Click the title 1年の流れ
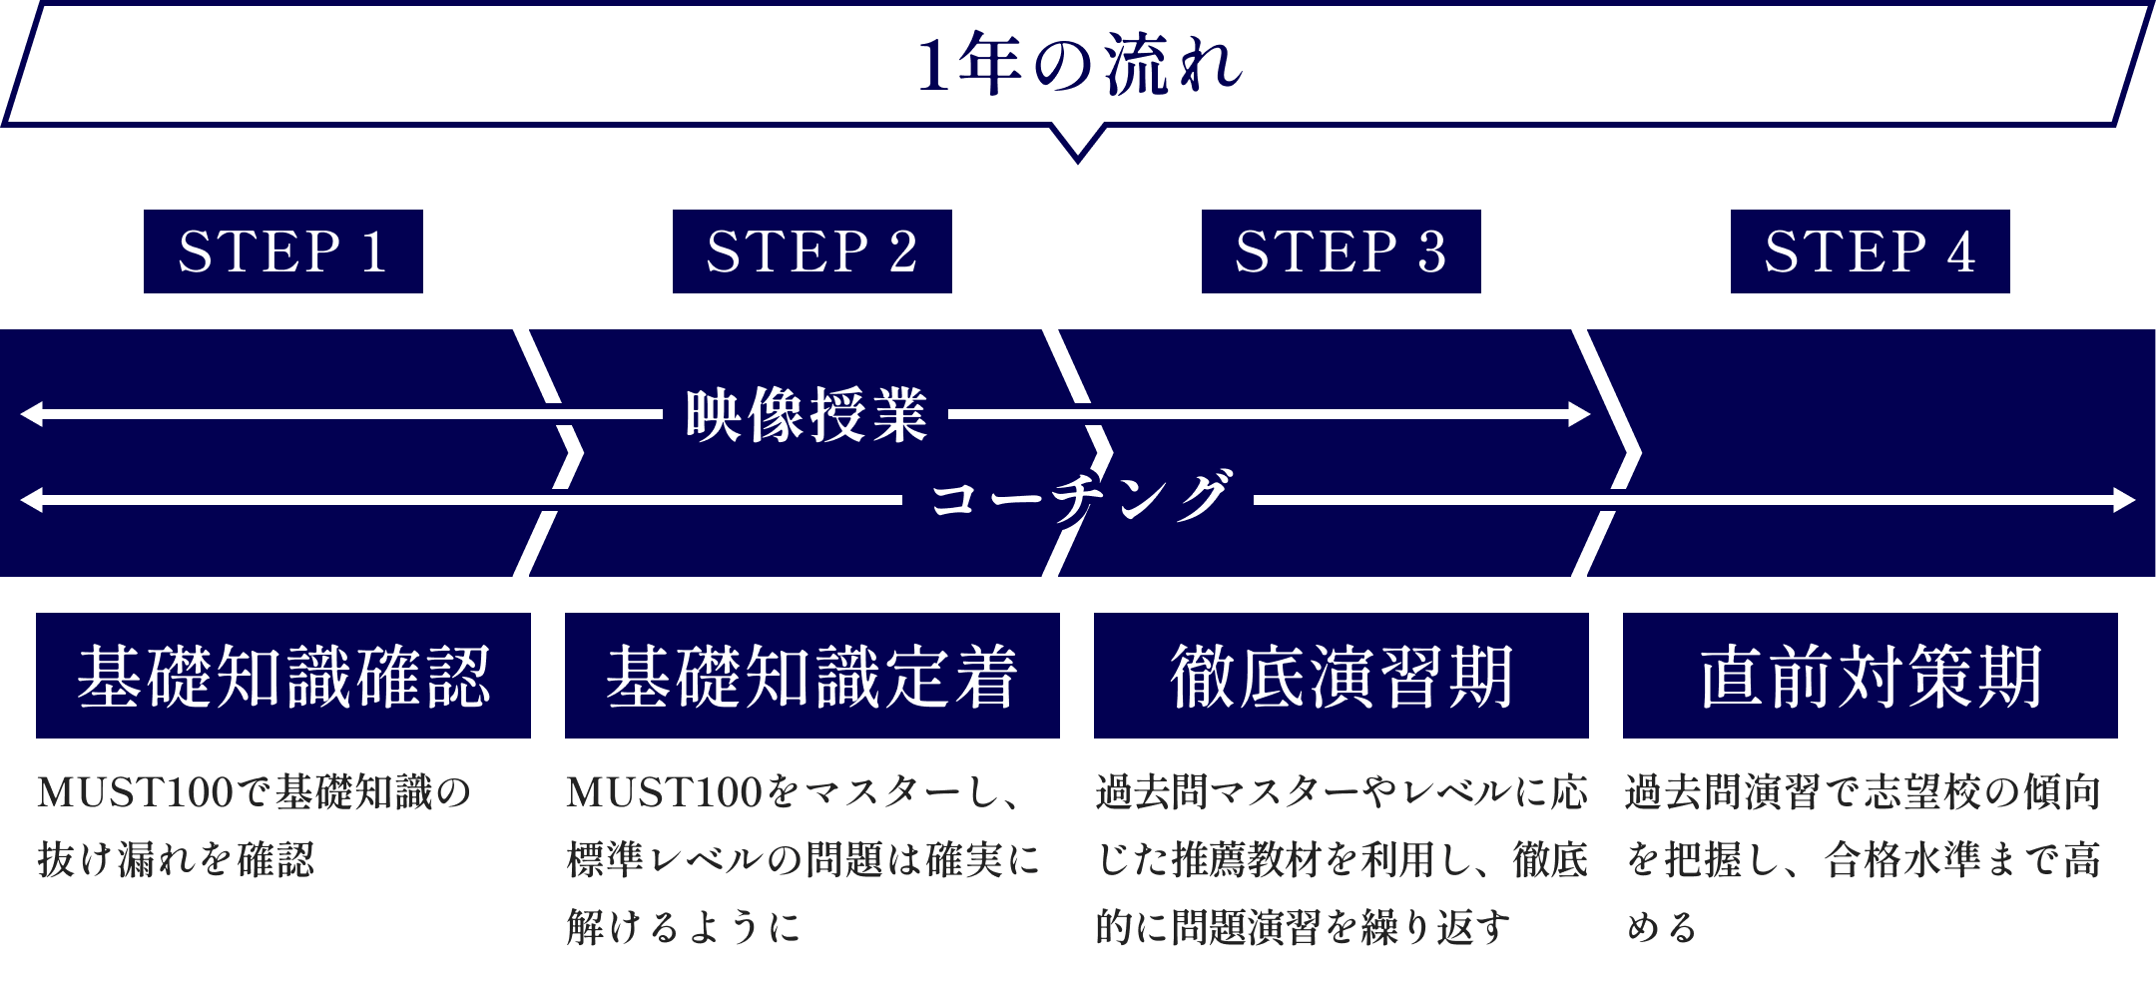1078,66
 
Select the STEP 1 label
282,251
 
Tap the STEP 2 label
811,251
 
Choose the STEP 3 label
1341,251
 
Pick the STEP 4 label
1870,251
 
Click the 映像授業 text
807,414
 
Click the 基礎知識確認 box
282,676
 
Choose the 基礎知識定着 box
811,676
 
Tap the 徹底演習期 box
1341,676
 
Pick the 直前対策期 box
1870,676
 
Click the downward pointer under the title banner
1078,144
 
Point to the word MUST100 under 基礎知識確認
136,793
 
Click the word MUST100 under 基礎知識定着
665,793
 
